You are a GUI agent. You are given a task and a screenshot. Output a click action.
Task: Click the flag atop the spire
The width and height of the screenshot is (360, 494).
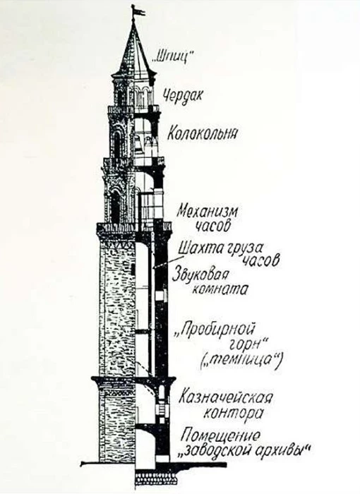tap(138, 11)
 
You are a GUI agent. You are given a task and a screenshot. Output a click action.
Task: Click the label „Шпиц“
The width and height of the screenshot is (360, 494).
tap(172, 57)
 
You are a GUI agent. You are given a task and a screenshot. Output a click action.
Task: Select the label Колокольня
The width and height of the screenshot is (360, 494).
tap(202, 133)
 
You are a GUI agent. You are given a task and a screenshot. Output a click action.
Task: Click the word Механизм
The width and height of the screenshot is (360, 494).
tap(207, 212)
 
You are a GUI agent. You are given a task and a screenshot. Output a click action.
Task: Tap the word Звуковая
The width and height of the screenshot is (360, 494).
tap(200, 275)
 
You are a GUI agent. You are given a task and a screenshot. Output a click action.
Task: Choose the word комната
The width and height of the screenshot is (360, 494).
tap(220, 289)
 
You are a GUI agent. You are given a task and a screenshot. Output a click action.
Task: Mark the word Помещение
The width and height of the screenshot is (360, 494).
tap(222, 435)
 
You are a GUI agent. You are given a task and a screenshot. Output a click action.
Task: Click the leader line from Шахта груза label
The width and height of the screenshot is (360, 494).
tap(168, 262)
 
